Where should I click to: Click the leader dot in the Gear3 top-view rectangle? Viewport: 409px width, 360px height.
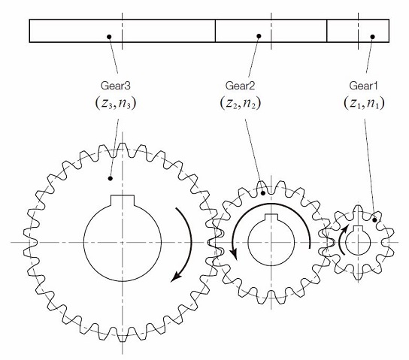[x=109, y=36]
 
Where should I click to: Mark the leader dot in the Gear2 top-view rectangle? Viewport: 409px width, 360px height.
[x=259, y=35]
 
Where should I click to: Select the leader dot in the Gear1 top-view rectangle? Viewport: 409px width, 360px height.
[x=371, y=35]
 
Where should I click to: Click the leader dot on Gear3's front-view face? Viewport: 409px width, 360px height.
[x=111, y=179]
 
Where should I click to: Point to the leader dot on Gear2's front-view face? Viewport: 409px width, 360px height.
[x=262, y=193]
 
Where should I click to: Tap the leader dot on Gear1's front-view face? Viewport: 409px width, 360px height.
[x=374, y=220]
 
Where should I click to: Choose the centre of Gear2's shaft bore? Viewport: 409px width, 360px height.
[x=267, y=242]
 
